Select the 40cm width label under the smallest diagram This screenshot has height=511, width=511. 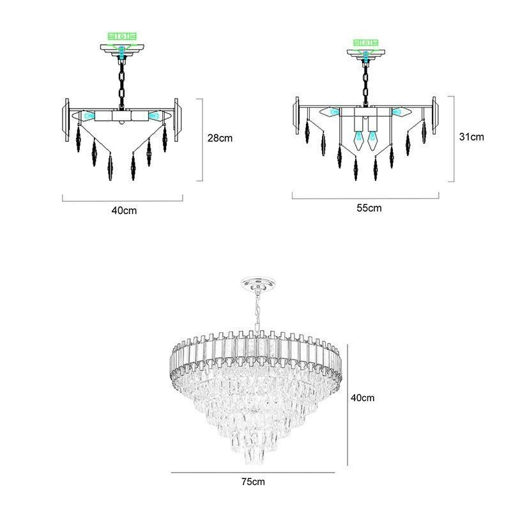pos(123,210)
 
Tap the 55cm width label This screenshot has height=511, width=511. pos(369,208)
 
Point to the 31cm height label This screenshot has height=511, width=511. pos(472,137)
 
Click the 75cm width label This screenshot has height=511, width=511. pos(254,481)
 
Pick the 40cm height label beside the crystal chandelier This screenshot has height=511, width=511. pos(363,397)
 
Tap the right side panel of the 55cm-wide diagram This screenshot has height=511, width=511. pos(436,115)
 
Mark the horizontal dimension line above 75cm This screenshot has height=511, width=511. pos(254,473)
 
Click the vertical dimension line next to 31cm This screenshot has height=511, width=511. pos(454,139)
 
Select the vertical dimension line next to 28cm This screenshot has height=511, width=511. pos(202,139)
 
